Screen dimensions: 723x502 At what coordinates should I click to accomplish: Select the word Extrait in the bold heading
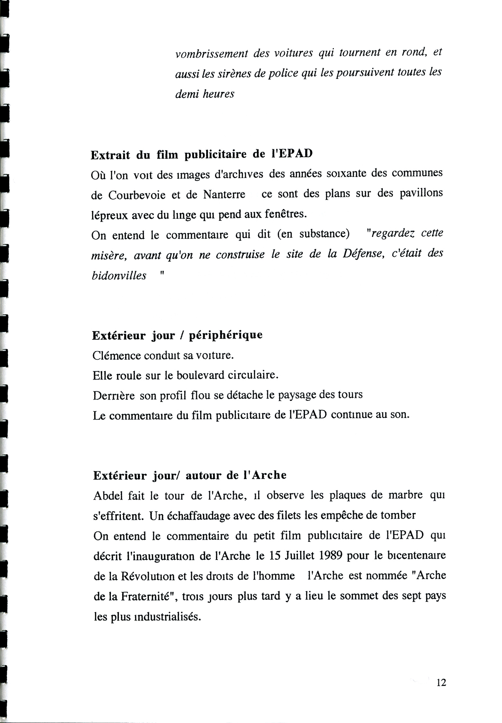pos(111,155)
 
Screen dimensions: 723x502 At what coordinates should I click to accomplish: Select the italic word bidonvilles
pos(119,276)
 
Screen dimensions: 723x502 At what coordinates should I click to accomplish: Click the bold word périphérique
pos(225,336)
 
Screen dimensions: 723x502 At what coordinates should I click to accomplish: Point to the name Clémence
pos(117,356)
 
